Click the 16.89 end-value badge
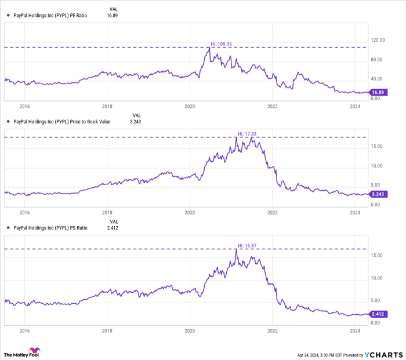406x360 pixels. (x=378, y=92)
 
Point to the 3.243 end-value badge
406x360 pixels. (x=378, y=195)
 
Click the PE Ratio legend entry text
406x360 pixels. (x=50, y=15)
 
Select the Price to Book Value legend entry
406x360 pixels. (x=60, y=122)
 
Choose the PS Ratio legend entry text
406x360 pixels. (x=50, y=228)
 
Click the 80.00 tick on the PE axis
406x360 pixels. (x=378, y=60)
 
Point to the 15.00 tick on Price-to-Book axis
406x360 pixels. (x=377, y=146)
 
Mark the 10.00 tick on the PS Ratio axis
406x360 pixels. (x=377, y=278)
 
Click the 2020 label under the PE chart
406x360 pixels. (x=190, y=107)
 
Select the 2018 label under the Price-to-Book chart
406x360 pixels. (x=107, y=213)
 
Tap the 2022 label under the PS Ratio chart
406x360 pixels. (x=273, y=330)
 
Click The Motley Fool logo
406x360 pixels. (x=23, y=353)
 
